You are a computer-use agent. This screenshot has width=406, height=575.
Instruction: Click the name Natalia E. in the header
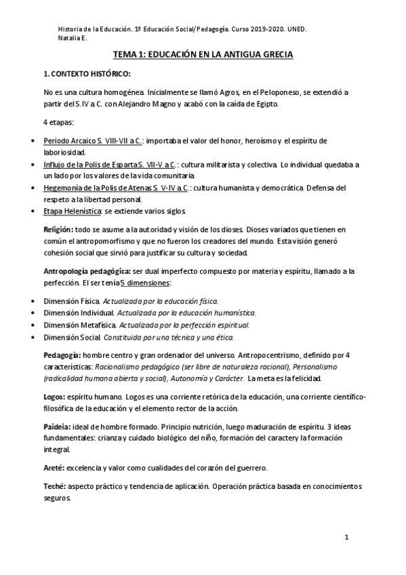pyautogui.click(x=73, y=39)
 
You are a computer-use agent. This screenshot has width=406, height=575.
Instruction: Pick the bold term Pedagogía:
pyautogui.click(x=63, y=355)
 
